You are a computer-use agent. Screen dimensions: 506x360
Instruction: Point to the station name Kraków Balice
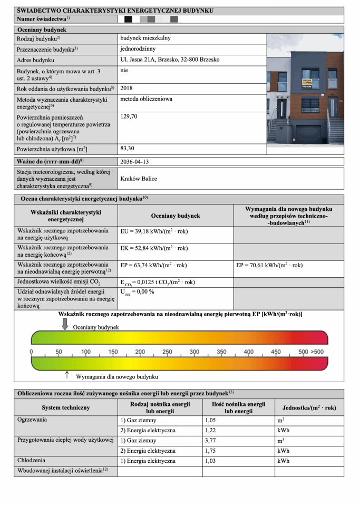point(139,179)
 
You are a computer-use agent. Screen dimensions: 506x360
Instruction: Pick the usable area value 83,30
point(129,149)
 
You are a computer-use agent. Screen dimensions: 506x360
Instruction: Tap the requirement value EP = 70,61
point(269,266)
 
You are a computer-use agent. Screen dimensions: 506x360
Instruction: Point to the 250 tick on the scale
point(167,352)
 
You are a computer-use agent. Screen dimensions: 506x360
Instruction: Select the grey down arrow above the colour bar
point(65,324)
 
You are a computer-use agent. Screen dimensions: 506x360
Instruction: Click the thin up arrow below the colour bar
point(67,375)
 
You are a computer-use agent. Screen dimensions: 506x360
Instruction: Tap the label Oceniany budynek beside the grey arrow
point(96,327)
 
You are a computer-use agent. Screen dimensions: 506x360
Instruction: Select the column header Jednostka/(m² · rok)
point(309,407)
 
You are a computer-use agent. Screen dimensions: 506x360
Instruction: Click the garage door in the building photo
point(306,134)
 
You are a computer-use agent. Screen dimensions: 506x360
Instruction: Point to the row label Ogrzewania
point(33,420)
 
